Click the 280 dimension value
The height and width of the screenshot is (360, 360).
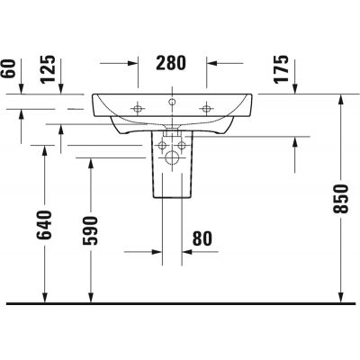(x=171, y=63)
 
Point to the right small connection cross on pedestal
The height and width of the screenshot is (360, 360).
(x=182, y=144)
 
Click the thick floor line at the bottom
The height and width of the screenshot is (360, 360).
(x=180, y=301)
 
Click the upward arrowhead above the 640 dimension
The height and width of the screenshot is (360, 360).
(x=45, y=150)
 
